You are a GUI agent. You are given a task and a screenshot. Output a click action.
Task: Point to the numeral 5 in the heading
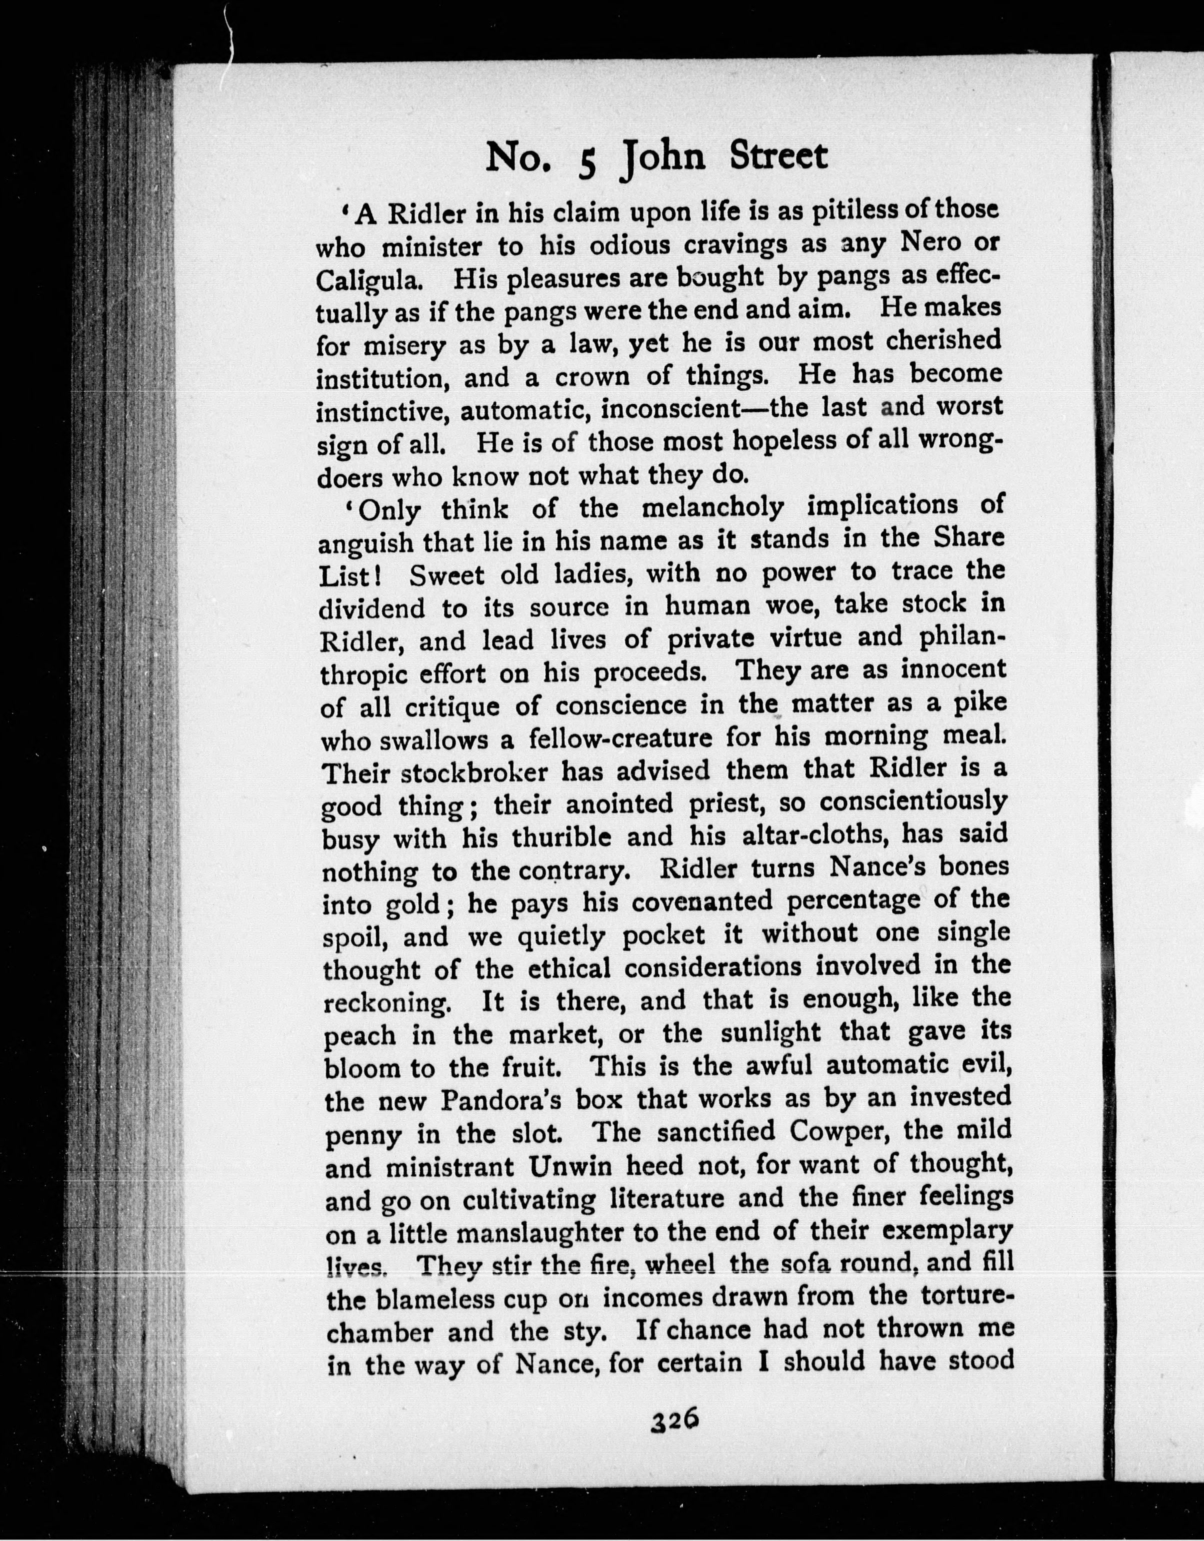point(587,161)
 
